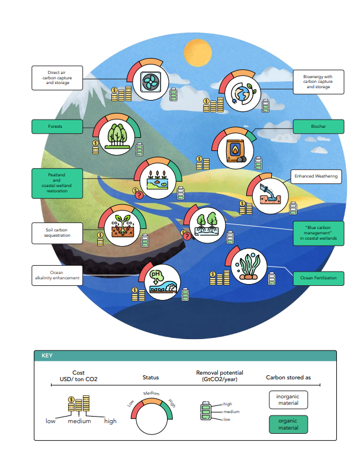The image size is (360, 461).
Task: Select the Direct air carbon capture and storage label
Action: coord(57,78)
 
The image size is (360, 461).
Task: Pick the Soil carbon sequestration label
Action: coord(57,232)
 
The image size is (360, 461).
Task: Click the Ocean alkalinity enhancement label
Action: coord(57,274)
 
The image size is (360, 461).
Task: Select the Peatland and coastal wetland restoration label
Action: coord(57,183)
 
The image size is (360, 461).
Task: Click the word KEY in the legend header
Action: coord(47,356)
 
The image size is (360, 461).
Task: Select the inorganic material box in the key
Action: coord(288,400)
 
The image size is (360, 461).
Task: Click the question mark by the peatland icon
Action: coord(138,195)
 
